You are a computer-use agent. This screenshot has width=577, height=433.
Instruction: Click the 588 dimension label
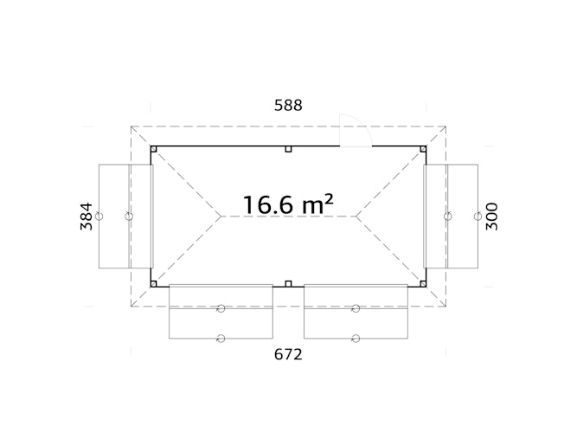288,105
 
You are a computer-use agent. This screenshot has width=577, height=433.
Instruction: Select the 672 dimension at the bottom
288,354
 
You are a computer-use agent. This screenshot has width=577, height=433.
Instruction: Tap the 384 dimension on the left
87,216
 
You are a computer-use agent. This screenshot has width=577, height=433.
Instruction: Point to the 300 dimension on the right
491,216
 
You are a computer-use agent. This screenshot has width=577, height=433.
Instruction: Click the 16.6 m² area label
288,204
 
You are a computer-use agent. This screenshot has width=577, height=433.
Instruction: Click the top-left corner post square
154,149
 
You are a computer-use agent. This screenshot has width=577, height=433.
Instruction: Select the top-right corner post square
423,149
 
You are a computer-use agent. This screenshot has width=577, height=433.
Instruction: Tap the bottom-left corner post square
154,284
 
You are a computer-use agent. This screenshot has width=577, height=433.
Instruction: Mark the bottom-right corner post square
423,284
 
